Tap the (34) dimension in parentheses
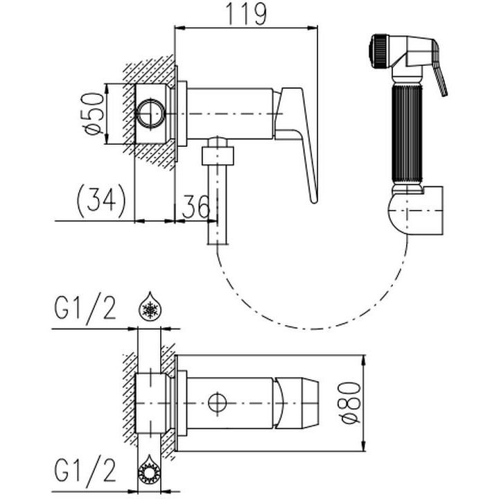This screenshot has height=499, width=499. pos(101,201)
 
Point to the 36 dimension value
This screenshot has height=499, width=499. pos(195,206)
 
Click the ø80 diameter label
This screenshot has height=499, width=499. pos(351,403)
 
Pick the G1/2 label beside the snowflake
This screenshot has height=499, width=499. pos(85,308)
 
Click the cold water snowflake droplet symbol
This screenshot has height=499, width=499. pos(150,306)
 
